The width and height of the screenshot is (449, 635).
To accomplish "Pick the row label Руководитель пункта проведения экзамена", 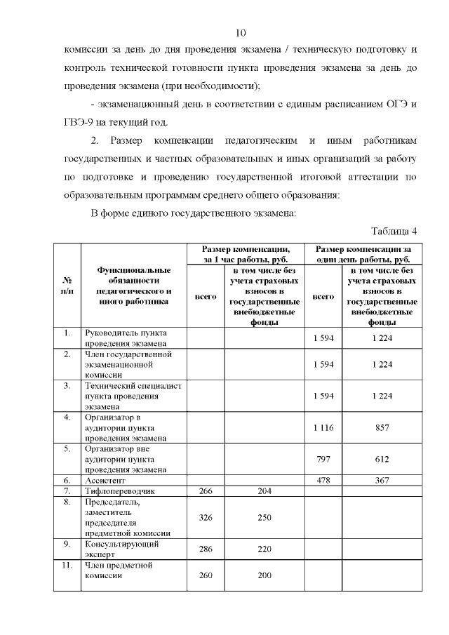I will point(126,338).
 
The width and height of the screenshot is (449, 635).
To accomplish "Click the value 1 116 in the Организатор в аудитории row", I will point(323,427).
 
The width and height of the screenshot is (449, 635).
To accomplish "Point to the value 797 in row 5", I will point(323,458).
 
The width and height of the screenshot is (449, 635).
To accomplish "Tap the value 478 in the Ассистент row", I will point(323,481).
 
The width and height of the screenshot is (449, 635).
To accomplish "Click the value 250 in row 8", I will point(264,517).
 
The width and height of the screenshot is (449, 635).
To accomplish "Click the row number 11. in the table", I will point(67,565).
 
